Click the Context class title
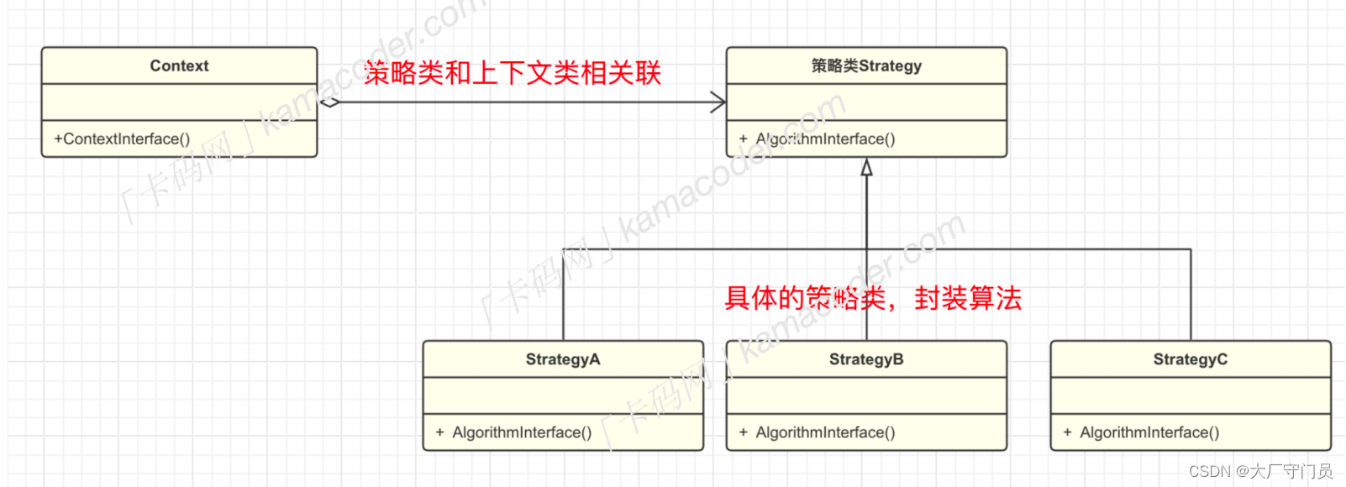pyautogui.click(x=179, y=65)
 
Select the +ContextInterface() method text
pyautogui.click(x=122, y=139)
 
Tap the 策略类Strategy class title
pyautogui.click(x=866, y=65)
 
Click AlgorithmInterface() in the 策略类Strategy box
pyautogui.click(x=825, y=139)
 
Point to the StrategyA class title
pyautogui.click(x=563, y=359)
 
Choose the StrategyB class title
pyautogui.click(x=866, y=359)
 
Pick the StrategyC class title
pyautogui.click(x=1190, y=359)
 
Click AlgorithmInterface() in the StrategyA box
pyautogui.click(x=522, y=432)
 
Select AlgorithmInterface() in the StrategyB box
pyautogui.click(x=825, y=432)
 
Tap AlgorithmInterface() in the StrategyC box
pyautogui.click(x=1149, y=432)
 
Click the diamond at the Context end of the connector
pyautogui.click(x=329, y=102)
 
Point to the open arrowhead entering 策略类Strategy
pyautogui.click(x=718, y=102)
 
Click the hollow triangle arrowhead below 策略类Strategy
pyautogui.click(x=866, y=168)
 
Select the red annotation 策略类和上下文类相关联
pyautogui.click(x=513, y=73)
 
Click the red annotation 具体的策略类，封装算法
pyautogui.click(x=872, y=298)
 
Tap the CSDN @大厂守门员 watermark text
pyautogui.click(x=1260, y=471)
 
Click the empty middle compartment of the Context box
pyautogui.click(x=179, y=102)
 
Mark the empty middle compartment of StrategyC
pyautogui.click(x=1190, y=395)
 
